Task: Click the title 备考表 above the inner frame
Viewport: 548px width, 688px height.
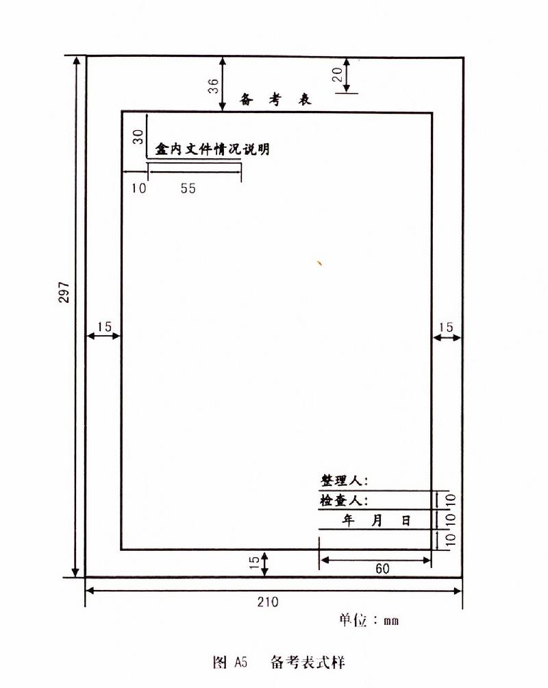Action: (x=275, y=99)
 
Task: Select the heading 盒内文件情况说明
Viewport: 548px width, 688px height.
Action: (x=212, y=149)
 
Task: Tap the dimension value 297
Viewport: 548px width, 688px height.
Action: (x=64, y=292)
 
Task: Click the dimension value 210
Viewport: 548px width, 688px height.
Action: (x=268, y=602)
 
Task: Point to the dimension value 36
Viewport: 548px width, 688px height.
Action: (x=213, y=86)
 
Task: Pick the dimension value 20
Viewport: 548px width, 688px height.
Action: (x=337, y=74)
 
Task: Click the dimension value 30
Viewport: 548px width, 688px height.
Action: (x=138, y=136)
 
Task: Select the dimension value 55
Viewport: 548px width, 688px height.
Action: (x=188, y=188)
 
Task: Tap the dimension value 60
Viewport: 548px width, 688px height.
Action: (x=382, y=569)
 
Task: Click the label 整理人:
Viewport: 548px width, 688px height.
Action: (x=345, y=480)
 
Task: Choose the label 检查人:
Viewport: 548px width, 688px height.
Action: (x=344, y=500)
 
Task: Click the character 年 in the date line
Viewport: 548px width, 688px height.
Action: (x=349, y=520)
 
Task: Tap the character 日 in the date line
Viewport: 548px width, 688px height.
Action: (x=406, y=520)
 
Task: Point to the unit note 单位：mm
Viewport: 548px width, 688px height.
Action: (x=369, y=619)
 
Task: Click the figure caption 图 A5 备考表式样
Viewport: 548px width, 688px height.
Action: (x=279, y=662)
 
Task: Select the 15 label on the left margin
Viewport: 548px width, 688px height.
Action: (x=104, y=327)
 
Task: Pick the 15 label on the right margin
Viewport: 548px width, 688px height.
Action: (x=445, y=327)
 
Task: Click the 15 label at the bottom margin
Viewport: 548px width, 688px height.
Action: (x=254, y=563)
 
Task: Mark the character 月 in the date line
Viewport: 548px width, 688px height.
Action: (x=377, y=520)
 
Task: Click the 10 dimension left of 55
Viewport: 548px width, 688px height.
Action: (x=138, y=188)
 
